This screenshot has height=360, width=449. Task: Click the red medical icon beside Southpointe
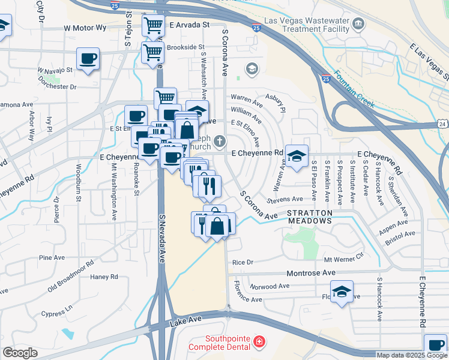click(259, 342)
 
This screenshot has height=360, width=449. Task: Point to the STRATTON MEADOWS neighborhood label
click(309, 217)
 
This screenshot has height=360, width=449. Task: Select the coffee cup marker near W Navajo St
click(88, 59)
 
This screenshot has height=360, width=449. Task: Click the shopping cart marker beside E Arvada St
click(153, 25)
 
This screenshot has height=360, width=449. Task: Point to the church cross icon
click(220, 141)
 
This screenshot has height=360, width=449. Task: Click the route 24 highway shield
click(442, 124)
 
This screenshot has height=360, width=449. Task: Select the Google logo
click(20, 352)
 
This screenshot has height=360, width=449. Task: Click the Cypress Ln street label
click(57, 310)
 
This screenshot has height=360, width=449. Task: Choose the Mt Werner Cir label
click(344, 260)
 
